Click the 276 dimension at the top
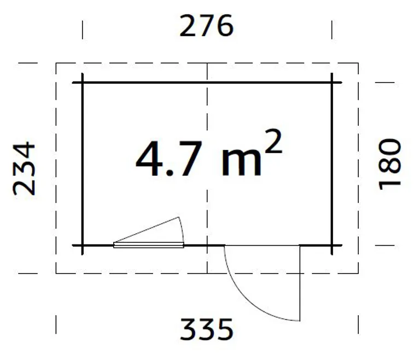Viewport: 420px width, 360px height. pyautogui.click(x=207, y=26)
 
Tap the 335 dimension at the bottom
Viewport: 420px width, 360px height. pyautogui.click(x=207, y=329)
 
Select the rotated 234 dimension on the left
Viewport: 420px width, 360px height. pyautogui.click(x=24, y=169)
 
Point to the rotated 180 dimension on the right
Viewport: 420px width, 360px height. pyautogui.click(x=390, y=164)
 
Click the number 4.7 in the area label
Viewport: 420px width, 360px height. pyautogui.click(x=169, y=159)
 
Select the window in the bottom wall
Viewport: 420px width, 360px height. pyautogui.click(x=149, y=245)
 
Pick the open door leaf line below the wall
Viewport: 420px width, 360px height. pyautogui.click(x=300, y=283)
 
